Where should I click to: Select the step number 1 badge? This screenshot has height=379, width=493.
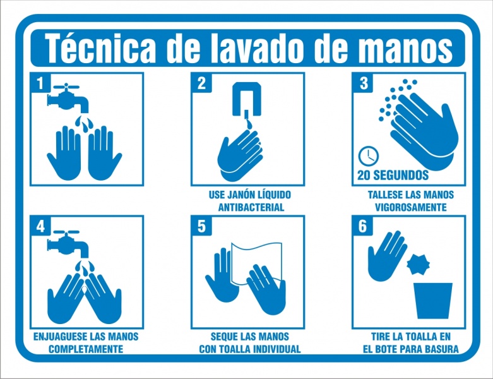click(40, 83)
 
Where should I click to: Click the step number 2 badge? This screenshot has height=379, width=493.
click(201, 83)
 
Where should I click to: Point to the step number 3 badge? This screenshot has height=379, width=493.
click(362, 83)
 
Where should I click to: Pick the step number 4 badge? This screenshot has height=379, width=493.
click(40, 226)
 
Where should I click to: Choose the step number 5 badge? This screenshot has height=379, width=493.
click(201, 226)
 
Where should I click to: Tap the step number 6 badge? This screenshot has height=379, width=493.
click(362, 226)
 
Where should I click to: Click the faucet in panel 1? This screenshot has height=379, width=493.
click(68, 97)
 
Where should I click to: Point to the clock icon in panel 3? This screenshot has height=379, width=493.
click(369, 155)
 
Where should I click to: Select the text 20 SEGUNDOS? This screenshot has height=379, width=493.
click(393, 175)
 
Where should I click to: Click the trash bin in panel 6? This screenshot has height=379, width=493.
click(432, 301)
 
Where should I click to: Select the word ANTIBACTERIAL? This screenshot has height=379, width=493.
click(251, 207)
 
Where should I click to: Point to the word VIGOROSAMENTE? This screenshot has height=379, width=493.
click(411, 207)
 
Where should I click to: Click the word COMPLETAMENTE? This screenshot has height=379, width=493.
click(86, 349)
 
